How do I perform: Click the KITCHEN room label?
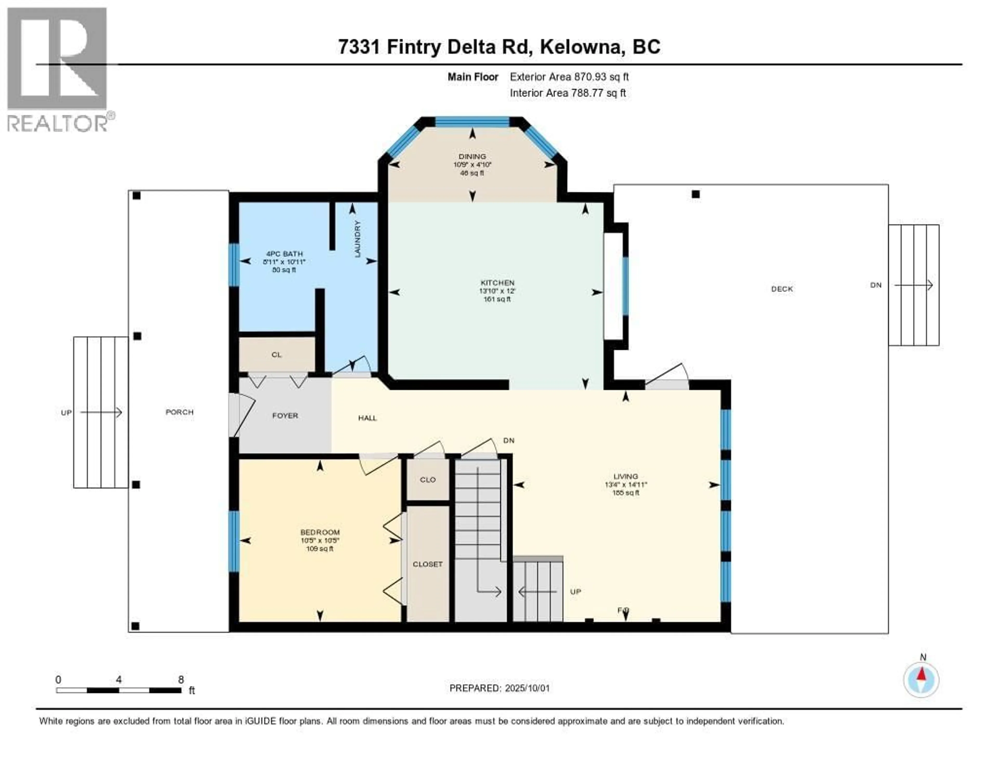tap(497, 283)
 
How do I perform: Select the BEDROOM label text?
tap(320, 532)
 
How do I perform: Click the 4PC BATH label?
tap(284, 254)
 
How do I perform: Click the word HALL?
tap(367, 418)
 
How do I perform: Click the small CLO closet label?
tap(428, 479)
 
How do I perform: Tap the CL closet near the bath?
tap(277, 354)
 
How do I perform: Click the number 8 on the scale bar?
tap(181, 679)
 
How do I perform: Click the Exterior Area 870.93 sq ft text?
tap(569, 77)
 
